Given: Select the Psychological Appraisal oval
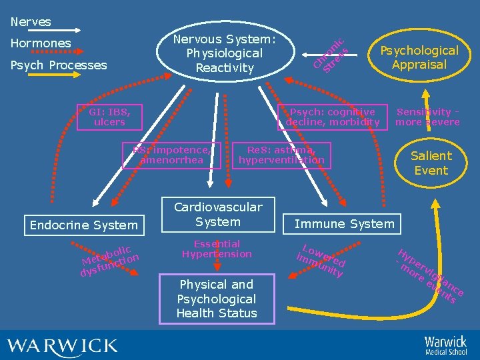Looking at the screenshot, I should point(419,57).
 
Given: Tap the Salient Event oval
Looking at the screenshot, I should point(431,163).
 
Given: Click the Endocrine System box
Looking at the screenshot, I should point(84,225).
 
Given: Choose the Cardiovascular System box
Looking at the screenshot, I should point(218,214).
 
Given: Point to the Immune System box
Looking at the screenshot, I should point(344,224).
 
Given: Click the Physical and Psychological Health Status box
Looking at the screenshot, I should point(217,299).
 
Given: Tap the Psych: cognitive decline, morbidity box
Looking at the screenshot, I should point(333,117).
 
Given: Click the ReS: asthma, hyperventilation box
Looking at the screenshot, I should point(281,155).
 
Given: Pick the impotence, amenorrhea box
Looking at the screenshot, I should point(171,155).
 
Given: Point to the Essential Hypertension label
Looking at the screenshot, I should point(217,249).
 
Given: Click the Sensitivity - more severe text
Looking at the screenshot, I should point(427,117).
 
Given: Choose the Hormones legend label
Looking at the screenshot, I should point(41,43).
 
